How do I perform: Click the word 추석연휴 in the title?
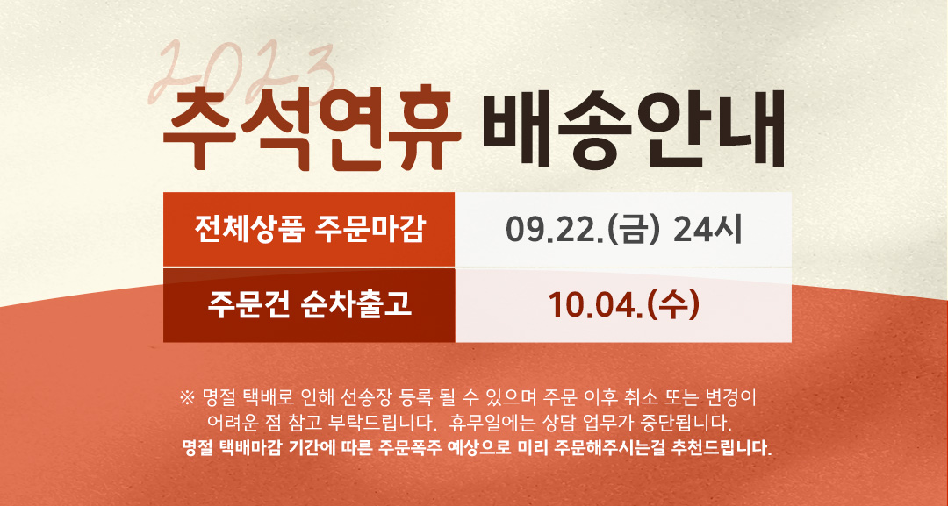tap(312, 129)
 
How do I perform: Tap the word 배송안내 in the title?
tap(634, 128)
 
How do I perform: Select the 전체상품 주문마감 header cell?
tap(309, 230)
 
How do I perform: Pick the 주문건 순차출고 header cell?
tap(309, 305)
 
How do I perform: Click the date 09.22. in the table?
tap(555, 230)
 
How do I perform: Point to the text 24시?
tap(707, 230)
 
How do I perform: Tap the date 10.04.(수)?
tap(623, 305)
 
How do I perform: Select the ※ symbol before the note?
tap(187, 398)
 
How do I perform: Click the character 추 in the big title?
tap(198, 129)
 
